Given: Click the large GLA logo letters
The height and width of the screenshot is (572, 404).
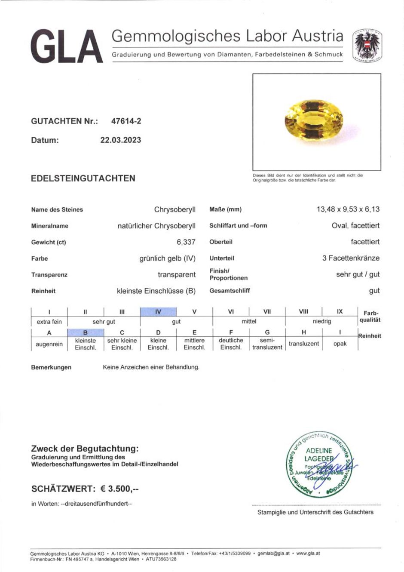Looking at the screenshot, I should (67, 47).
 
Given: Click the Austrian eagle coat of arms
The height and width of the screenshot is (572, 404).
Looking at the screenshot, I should (367, 46).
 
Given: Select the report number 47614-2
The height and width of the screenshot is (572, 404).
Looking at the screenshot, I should (126, 121).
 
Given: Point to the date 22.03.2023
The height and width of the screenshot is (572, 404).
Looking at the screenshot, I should (121, 140).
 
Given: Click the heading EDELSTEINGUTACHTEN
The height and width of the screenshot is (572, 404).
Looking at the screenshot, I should (83, 178).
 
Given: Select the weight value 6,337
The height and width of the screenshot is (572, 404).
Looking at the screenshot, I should (186, 242).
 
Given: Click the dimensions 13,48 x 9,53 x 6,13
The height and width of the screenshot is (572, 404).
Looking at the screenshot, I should (348, 209).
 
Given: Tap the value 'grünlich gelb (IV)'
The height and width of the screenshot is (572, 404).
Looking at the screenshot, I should (167, 258).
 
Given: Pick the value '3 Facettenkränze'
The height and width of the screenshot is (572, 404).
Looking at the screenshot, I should (351, 258).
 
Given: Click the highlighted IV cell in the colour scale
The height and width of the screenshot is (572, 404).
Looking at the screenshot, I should (158, 311).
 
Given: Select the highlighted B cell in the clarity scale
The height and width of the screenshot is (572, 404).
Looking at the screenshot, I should (86, 332).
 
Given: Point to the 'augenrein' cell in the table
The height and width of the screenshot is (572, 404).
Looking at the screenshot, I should (49, 344).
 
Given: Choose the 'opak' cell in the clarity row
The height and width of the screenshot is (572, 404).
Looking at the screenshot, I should (340, 344).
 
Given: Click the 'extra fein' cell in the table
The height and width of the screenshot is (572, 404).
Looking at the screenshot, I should (49, 322).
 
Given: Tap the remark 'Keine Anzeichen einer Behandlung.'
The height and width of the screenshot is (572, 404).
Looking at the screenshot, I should (151, 367).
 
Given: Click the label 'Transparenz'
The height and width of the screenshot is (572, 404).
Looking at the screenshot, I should (49, 275).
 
